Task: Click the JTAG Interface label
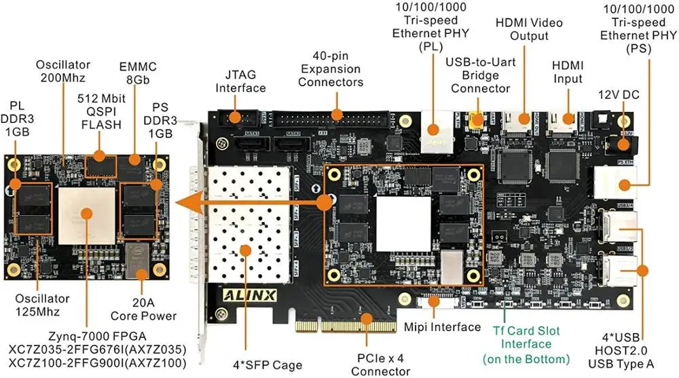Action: pos(240,81)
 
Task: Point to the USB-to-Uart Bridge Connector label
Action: pos(481,75)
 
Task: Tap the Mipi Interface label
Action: pos(442,327)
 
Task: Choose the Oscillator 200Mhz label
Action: pos(62,71)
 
